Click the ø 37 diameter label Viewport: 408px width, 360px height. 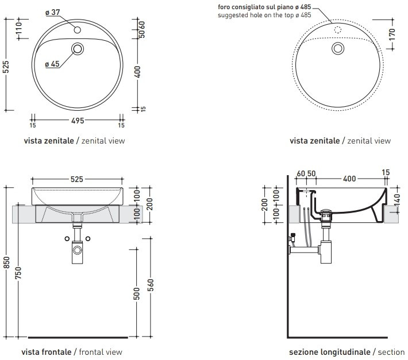click(x=53, y=12)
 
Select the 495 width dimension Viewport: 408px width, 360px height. click(x=78, y=121)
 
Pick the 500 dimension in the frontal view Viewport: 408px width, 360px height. click(x=137, y=294)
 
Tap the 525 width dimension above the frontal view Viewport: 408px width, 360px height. click(x=76, y=179)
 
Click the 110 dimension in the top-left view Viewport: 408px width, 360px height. click(x=19, y=30)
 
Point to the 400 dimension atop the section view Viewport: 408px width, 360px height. click(x=349, y=179)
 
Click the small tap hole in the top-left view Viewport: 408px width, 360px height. click(x=77, y=27)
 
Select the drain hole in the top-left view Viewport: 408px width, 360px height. click(x=77, y=49)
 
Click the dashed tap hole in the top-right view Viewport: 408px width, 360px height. click(x=337, y=28)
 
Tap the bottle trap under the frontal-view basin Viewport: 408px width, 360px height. click(x=77, y=251)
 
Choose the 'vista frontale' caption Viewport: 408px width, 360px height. click(x=47, y=351)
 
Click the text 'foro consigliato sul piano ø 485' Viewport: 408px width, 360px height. click(x=264, y=7)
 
